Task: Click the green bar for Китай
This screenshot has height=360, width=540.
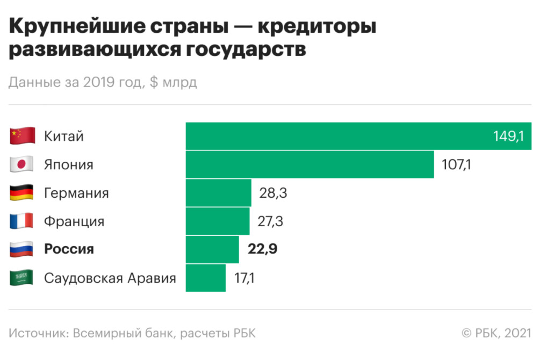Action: point(339,136)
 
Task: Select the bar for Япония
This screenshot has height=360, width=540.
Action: point(309,164)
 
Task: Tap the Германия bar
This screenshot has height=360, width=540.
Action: point(218,193)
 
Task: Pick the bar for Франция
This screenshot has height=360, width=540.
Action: point(217,221)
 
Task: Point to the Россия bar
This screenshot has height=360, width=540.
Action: point(212,249)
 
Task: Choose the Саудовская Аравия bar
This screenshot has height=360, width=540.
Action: point(205,278)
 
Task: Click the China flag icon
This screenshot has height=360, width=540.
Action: point(22,136)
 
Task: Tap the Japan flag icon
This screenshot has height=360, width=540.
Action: point(22,164)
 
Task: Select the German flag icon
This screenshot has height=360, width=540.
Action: point(22,193)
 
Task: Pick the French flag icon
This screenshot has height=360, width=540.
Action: point(22,221)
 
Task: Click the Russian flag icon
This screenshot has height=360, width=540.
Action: point(22,249)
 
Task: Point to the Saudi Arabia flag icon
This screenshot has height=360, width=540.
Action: point(22,278)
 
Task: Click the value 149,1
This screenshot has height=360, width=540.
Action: point(508,136)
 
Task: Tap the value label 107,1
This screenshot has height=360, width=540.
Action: point(456,164)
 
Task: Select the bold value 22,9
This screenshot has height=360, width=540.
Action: point(262,249)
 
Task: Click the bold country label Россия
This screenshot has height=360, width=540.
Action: point(69,249)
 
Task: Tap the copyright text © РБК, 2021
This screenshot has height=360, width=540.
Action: point(496,333)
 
